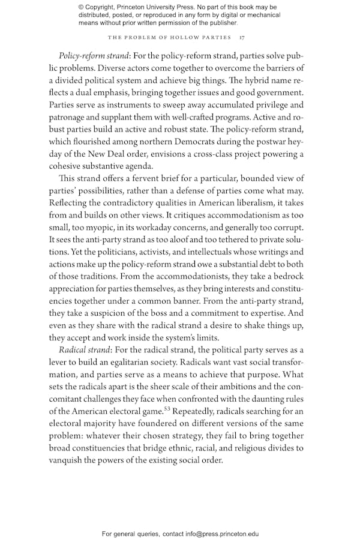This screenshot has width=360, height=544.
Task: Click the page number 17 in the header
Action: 241,37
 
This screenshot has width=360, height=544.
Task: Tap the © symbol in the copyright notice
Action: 82,7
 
